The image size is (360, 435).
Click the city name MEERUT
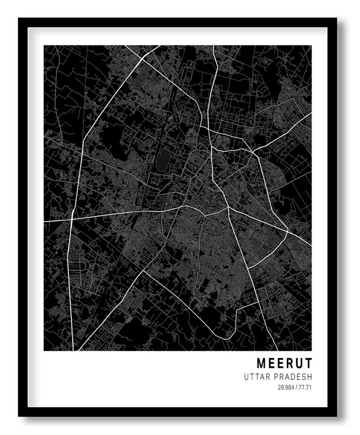coord(284,364)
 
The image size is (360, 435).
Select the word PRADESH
coord(294,377)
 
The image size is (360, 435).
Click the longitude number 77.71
coord(305,387)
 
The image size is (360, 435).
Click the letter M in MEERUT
coord(262,364)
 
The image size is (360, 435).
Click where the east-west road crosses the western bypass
coord(71,219)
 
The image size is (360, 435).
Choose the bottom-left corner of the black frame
coord(20,415)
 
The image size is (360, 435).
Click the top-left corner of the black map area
coord(45,46)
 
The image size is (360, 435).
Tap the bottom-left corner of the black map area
coord(45,350)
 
